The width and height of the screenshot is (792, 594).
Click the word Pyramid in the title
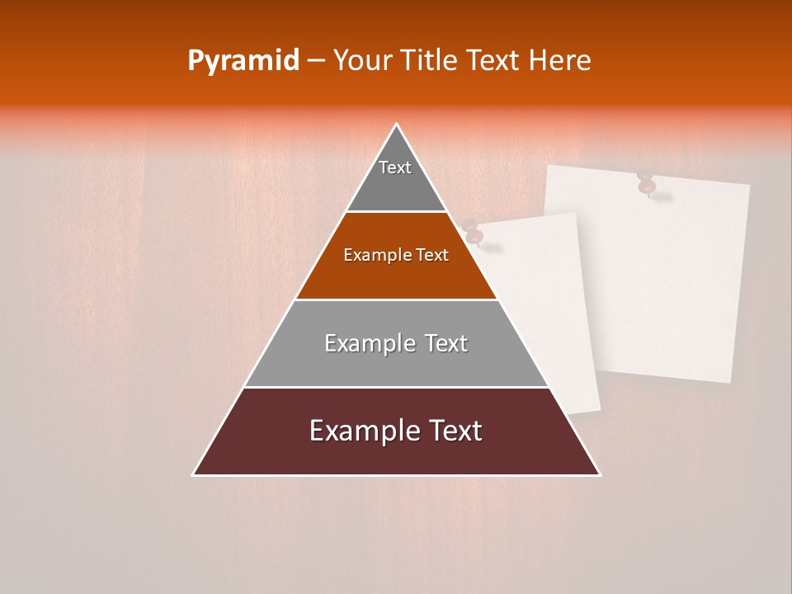point(243,61)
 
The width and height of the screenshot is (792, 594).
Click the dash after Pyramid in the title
point(316,61)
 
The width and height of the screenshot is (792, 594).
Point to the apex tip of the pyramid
point(397,125)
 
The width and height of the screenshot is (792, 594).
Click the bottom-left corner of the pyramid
point(195,474)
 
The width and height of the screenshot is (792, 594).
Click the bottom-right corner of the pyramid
point(599,474)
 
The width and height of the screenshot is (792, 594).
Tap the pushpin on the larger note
point(647,184)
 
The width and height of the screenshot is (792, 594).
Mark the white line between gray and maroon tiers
point(396,387)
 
